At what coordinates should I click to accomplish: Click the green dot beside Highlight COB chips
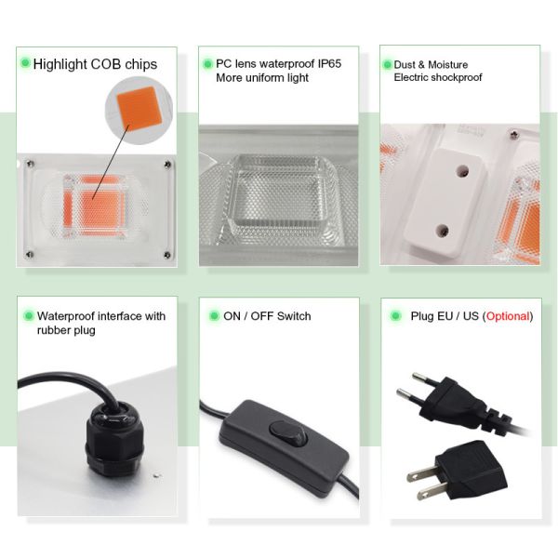pyautogui.click(x=24, y=63)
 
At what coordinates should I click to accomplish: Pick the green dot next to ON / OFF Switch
pyautogui.click(x=213, y=316)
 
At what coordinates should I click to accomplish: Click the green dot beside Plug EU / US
pyautogui.click(x=393, y=316)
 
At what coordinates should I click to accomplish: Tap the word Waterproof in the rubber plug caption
pyautogui.click(x=64, y=316)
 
